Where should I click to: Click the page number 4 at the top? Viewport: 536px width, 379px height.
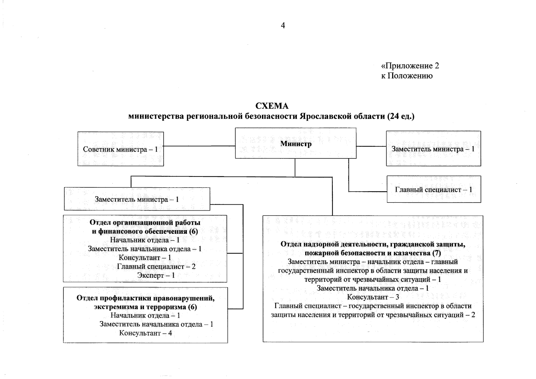[x=283, y=26]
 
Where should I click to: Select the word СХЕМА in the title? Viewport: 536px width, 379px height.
[x=272, y=106]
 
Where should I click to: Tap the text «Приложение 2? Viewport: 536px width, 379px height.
[x=410, y=66]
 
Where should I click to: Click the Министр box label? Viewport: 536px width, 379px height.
[x=296, y=144]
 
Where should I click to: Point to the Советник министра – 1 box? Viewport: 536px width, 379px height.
[x=120, y=149]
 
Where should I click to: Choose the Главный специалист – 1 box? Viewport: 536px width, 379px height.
[x=434, y=189]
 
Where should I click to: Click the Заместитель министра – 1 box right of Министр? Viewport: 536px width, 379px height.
[x=433, y=149]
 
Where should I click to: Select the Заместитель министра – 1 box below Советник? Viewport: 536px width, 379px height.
[x=137, y=199]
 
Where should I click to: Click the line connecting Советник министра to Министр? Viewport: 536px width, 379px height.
[x=199, y=146]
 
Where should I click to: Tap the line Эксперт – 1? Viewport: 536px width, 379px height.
[x=156, y=275]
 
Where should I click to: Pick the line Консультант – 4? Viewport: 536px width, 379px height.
[x=145, y=333]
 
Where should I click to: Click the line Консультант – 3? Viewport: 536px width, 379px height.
[x=373, y=297]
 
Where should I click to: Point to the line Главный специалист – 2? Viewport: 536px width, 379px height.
[x=156, y=267]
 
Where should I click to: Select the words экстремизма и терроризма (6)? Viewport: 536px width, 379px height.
[x=145, y=307]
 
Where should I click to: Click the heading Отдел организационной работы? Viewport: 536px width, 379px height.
[x=145, y=222]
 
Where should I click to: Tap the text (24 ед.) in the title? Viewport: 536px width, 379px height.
[x=401, y=116]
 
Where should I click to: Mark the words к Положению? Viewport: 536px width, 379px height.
[x=407, y=76]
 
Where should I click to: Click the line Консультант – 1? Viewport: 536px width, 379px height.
[x=145, y=258]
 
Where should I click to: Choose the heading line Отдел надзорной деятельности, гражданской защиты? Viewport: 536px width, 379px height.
[x=373, y=244]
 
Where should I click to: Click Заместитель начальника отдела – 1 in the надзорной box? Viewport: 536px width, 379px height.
[x=373, y=288]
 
